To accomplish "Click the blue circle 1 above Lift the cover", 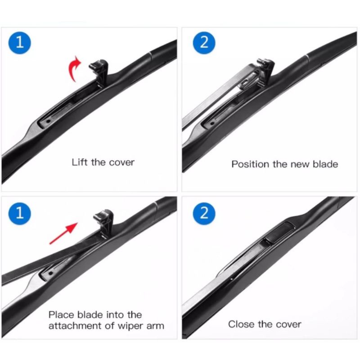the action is pos(19,43).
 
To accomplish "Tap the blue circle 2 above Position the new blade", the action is pos(204,43).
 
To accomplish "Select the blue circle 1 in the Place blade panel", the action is pos(19,213).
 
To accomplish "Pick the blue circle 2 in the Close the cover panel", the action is pos(204,213).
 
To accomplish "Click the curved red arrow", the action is pos(73,68).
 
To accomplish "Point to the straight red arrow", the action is pos(63,233).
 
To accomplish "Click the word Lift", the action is pos(80,162).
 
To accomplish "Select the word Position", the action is pos(250,164).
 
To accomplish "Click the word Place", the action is pos(62,315).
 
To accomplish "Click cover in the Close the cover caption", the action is pos(288,324).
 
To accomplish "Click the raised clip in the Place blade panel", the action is pos(104,223).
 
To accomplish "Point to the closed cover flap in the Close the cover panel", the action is pos(279,233).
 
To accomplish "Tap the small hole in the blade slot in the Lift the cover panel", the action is pos(48,121).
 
